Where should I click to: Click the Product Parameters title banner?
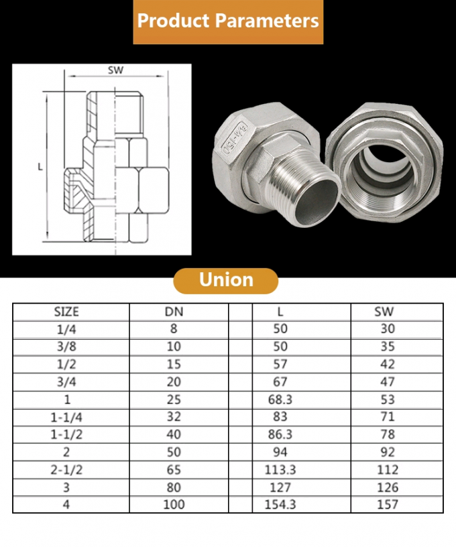tap(228, 21)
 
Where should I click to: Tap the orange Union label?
tap(226, 280)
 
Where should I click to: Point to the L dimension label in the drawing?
tap(40, 167)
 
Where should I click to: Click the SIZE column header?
tap(66, 312)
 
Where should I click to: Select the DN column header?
tap(174, 312)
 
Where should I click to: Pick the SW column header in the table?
tap(384, 312)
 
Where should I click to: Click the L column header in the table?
tap(280, 312)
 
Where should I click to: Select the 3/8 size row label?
tap(66, 347)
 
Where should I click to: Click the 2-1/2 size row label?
tap(66, 469)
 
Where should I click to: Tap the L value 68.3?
tap(280, 400)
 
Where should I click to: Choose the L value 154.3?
tap(280, 504)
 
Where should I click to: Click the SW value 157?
tap(387, 504)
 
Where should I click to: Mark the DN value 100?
tap(174, 504)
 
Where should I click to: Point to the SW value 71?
tap(387, 417)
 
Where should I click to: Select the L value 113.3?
tap(280, 469)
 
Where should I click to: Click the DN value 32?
tap(174, 417)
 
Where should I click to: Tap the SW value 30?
tap(387, 329)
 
